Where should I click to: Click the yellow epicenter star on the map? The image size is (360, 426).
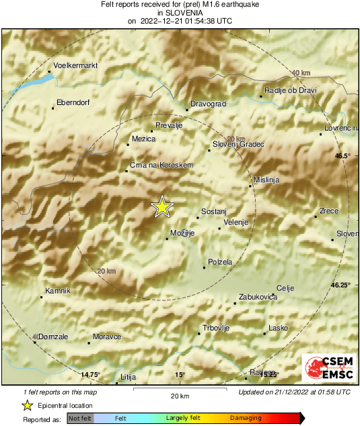161,207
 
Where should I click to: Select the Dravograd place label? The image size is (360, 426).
209,104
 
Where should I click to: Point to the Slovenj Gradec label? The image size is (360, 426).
239,144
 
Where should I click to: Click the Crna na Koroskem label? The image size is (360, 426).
161,165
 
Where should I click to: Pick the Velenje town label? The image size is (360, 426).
236,223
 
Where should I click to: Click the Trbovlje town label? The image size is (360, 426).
217,328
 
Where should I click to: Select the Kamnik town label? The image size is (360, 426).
57,291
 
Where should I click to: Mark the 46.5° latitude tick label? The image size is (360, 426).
343,155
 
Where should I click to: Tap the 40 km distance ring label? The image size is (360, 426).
301,73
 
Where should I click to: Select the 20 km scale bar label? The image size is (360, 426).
180,395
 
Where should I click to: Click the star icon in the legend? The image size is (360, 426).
27,405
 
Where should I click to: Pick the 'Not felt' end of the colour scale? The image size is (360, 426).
80,418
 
